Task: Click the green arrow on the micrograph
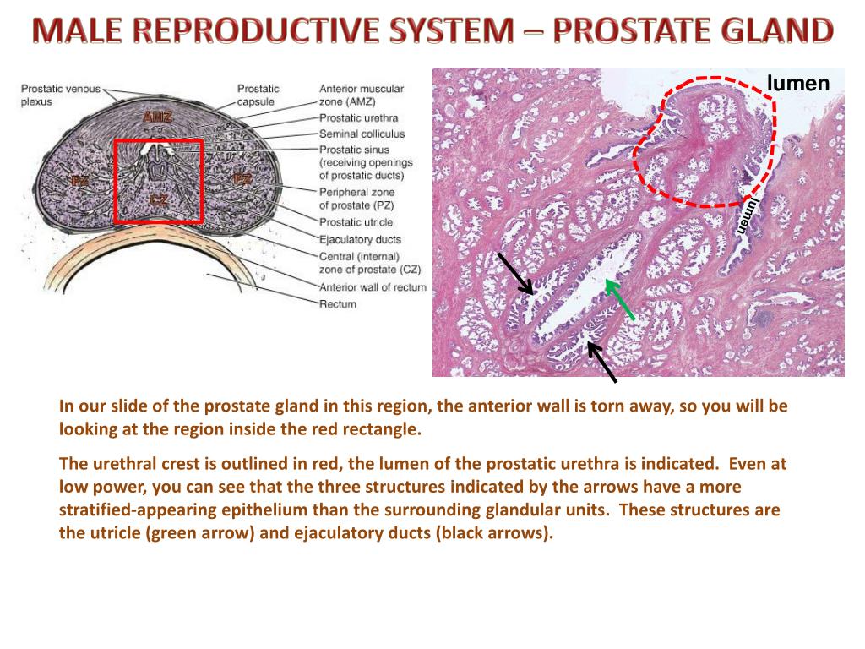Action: point(621,301)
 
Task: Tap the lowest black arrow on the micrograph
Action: point(601,361)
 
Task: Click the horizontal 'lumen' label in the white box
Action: point(798,83)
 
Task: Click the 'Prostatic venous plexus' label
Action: point(61,95)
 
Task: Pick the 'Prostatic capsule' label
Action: point(258,95)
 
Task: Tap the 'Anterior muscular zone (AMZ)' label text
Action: point(362,95)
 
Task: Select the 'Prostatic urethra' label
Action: point(358,118)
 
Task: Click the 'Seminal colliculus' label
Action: point(362,134)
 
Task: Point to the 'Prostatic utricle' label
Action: point(356,222)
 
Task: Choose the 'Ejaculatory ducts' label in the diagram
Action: point(360,239)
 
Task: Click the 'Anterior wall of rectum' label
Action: point(373,287)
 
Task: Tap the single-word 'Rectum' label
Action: point(338,304)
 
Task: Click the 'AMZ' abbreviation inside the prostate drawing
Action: point(157,117)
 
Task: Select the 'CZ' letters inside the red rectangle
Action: point(158,199)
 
